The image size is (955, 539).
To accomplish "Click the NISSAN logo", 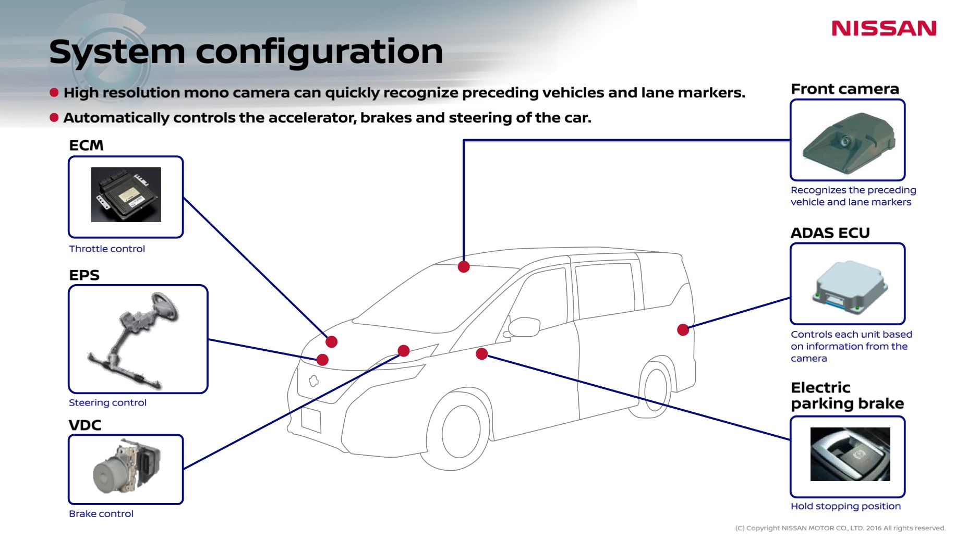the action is [x=884, y=28].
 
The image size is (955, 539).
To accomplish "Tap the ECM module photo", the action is [x=126, y=194].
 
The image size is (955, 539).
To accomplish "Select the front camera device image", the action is [x=848, y=142].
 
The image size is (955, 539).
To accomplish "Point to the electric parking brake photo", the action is [x=850, y=454].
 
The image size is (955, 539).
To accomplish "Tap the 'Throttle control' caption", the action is [x=107, y=249].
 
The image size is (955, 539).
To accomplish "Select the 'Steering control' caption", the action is [x=107, y=402].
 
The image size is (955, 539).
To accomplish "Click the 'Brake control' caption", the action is [x=101, y=513].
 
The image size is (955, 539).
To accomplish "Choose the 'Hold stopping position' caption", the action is [x=845, y=506].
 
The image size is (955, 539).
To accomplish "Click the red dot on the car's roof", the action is [x=464, y=267].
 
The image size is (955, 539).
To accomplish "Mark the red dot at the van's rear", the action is [x=683, y=329].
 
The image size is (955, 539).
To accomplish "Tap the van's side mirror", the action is [x=524, y=327].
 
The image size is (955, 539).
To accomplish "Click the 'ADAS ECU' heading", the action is [x=830, y=232].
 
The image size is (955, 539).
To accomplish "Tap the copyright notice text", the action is [x=840, y=528].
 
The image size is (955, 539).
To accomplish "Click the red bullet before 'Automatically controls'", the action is [x=54, y=117].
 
